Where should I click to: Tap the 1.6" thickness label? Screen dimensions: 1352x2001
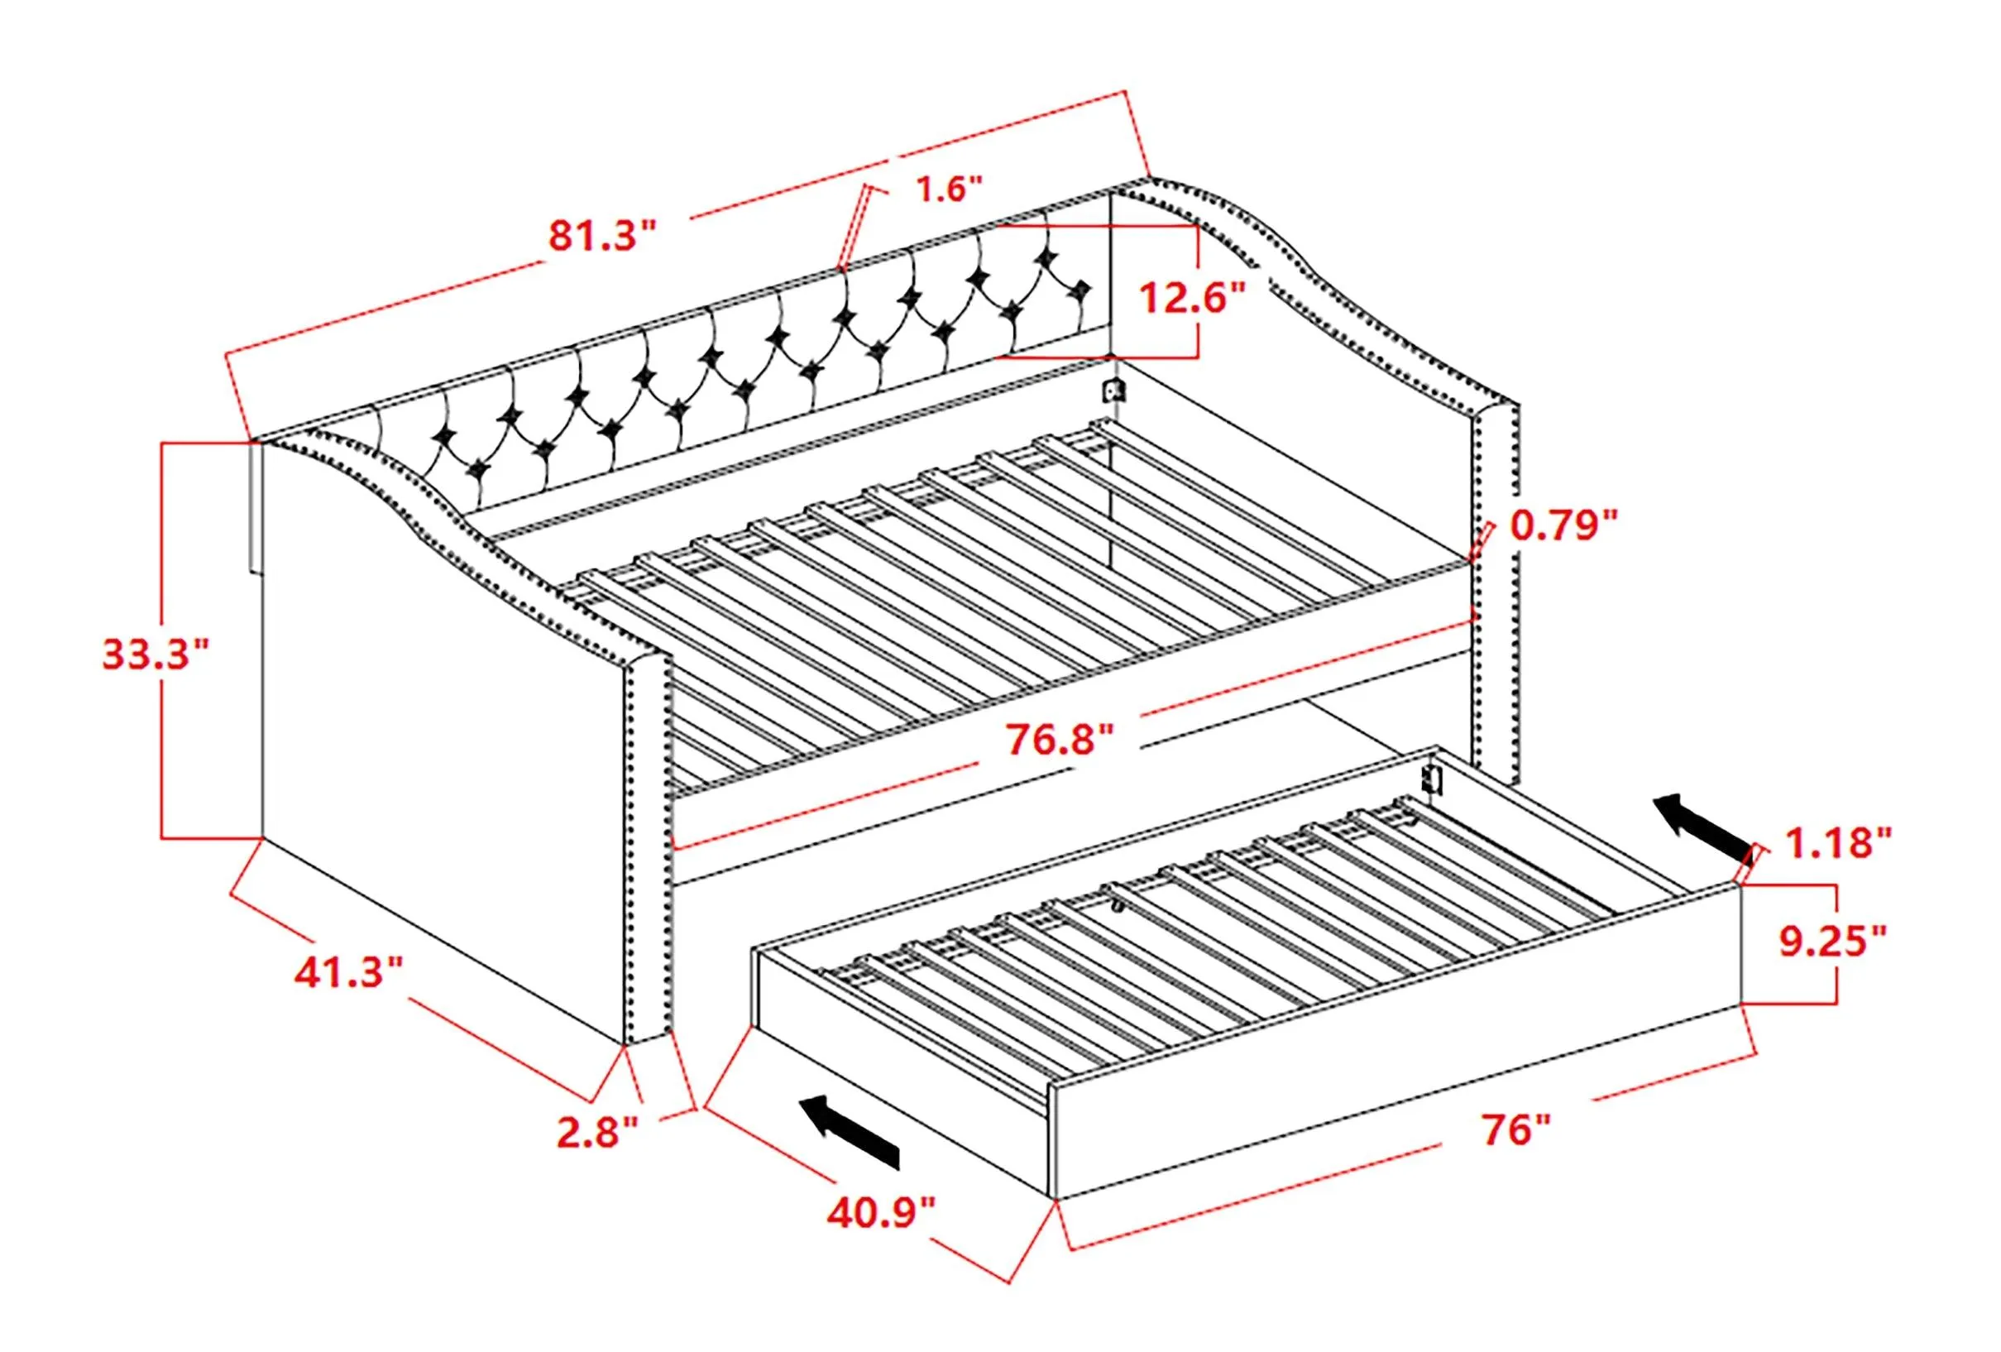pos(948,189)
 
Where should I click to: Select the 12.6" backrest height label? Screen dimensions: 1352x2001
pos(1193,299)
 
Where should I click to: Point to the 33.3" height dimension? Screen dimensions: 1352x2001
pos(156,654)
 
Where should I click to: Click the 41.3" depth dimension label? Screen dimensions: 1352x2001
pos(349,973)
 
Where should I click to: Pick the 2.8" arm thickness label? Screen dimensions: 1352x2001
pos(597,1132)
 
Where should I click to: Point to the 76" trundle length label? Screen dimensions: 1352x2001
pos(1515,1129)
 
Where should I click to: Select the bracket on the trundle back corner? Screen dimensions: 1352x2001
pos(1431,779)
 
